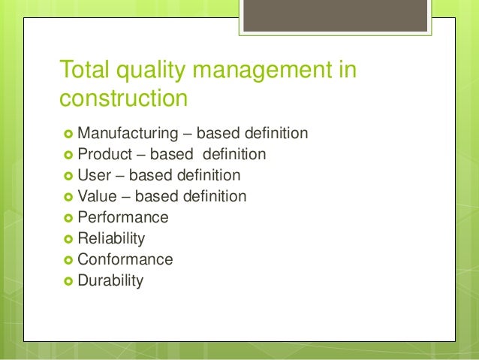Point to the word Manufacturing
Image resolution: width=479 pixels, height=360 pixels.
click(125, 134)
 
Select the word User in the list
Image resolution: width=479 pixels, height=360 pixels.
click(94, 176)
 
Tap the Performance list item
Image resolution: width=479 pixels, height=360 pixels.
click(123, 218)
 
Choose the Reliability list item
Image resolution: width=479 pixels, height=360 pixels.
click(112, 239)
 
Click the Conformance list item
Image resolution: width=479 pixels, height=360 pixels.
click(125, 260)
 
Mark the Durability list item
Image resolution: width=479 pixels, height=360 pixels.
click(110, 281)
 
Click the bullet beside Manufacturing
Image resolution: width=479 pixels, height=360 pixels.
click(68, 135)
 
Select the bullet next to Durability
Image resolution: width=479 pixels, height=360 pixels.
click(68, 282)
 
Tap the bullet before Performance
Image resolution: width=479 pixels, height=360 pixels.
click(68, 219)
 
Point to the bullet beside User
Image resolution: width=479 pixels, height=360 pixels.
click(68, 177)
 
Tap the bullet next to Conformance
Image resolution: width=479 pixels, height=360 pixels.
click(68, 261)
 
